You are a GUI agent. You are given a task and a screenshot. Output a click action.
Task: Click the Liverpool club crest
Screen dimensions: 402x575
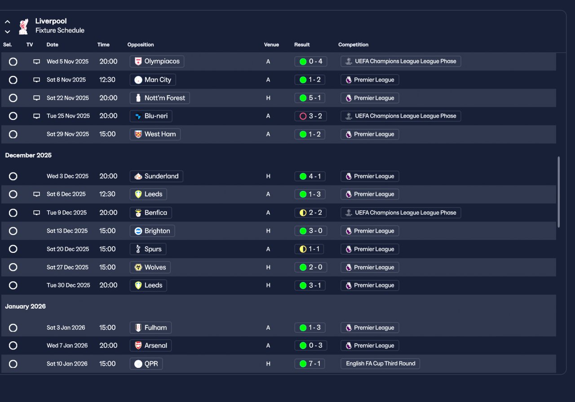[23, 26]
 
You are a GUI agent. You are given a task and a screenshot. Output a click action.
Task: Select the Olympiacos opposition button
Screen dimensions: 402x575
[157, 62]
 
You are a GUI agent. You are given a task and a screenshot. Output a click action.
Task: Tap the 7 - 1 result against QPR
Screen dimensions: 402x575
[310, 364]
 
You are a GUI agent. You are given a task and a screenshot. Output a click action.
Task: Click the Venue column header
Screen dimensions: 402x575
[271, 45]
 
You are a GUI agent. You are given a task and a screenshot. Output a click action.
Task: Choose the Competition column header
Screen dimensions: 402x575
[353, 45]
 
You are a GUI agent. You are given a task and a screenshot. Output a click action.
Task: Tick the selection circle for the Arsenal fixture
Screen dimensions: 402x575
[13, 346]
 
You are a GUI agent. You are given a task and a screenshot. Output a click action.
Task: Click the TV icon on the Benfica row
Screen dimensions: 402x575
[37, 213]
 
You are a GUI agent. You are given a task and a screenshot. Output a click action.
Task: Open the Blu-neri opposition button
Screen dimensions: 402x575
[151, 116]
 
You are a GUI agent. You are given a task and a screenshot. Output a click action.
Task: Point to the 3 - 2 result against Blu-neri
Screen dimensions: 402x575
[310, 116]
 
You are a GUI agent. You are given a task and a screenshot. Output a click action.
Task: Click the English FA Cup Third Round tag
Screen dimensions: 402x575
[380, 364]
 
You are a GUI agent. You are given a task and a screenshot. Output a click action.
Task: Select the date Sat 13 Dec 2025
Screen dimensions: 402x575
[67, 231]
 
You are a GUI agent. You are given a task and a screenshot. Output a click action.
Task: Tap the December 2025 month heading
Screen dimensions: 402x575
[28, 155]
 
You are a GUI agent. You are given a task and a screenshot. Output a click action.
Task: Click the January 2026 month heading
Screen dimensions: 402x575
[26, 307]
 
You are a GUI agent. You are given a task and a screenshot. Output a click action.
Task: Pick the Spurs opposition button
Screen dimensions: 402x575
[148, 249]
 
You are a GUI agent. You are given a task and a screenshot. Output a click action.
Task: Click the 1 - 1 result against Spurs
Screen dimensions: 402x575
[310, 249]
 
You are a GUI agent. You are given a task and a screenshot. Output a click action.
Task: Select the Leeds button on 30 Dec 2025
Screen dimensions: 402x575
[148, 285]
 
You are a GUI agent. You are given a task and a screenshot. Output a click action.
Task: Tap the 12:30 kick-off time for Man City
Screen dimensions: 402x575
[107, 80]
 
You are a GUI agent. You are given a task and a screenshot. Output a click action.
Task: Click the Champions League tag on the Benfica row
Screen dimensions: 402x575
[401, 213]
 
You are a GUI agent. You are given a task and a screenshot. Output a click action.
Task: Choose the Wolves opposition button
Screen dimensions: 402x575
[150, 267]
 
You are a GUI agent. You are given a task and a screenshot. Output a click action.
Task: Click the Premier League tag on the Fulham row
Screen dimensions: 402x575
[369, 328]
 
